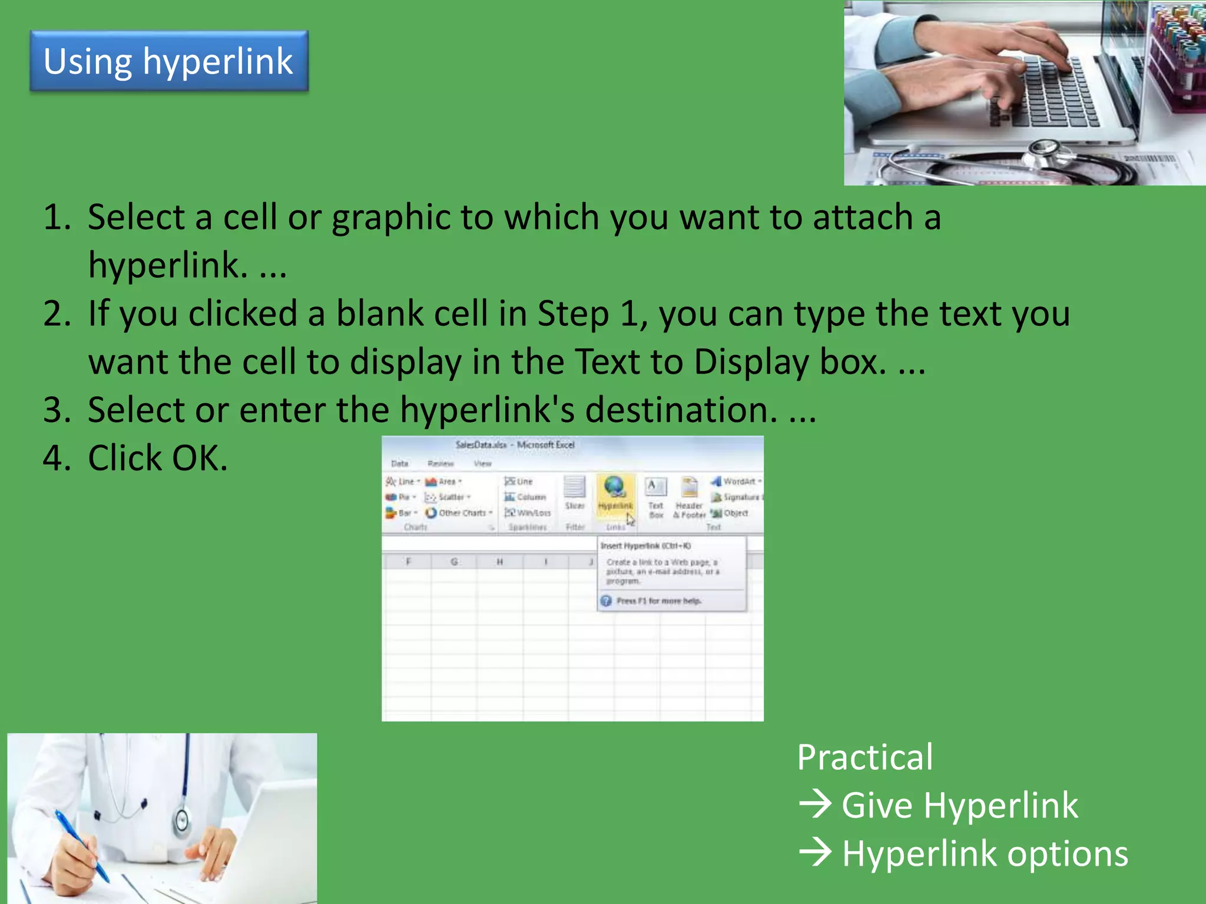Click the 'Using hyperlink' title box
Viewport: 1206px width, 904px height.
pos(169,61)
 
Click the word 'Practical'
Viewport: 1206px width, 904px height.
pos(864,757)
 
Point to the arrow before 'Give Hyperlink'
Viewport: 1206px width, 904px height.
pos(816,804)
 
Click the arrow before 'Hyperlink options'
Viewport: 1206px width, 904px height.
pos(816,852)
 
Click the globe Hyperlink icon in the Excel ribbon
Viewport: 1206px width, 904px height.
pos(614,487)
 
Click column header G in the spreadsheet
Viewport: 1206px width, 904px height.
pos(454,562)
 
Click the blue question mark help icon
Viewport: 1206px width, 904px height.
pos(606,601)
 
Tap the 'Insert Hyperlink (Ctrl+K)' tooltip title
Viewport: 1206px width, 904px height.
pos(645,546)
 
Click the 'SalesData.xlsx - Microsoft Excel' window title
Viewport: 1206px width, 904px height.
pos(515,445)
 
